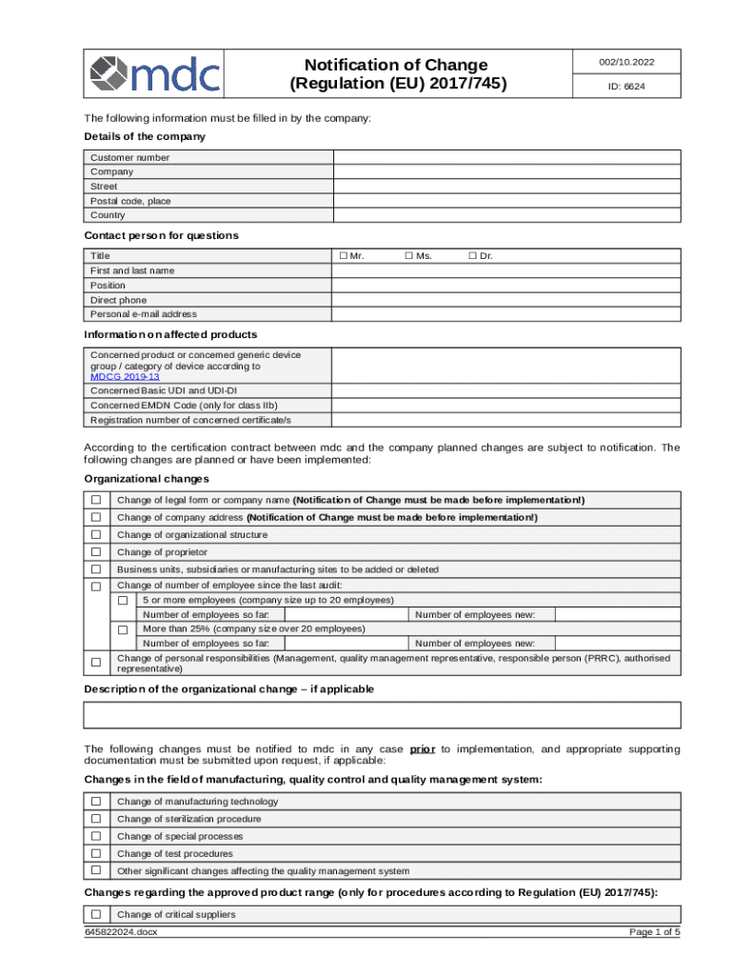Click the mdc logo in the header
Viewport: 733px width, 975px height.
point(154,73)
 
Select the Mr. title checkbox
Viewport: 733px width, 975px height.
point(343,256)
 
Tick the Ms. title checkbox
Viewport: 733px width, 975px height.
point(408,256)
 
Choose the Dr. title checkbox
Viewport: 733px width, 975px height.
point(471,256)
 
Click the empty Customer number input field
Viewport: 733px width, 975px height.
point(505,157)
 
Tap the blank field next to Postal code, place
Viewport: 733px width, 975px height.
point(505,201)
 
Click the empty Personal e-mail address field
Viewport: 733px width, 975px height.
point(505,314)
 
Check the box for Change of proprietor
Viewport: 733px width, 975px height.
point(95,552)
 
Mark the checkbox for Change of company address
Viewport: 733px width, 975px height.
point(95,518)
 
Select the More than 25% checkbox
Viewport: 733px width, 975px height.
point(123,630)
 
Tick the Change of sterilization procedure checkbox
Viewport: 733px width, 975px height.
point(95,819)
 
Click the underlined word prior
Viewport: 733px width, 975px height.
point(423,749)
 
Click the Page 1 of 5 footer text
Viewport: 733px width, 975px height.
point(655,932)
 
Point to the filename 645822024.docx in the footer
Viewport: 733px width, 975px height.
point(121,932)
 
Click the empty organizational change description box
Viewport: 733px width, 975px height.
point(383,715)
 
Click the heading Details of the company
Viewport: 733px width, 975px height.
point(144,137)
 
